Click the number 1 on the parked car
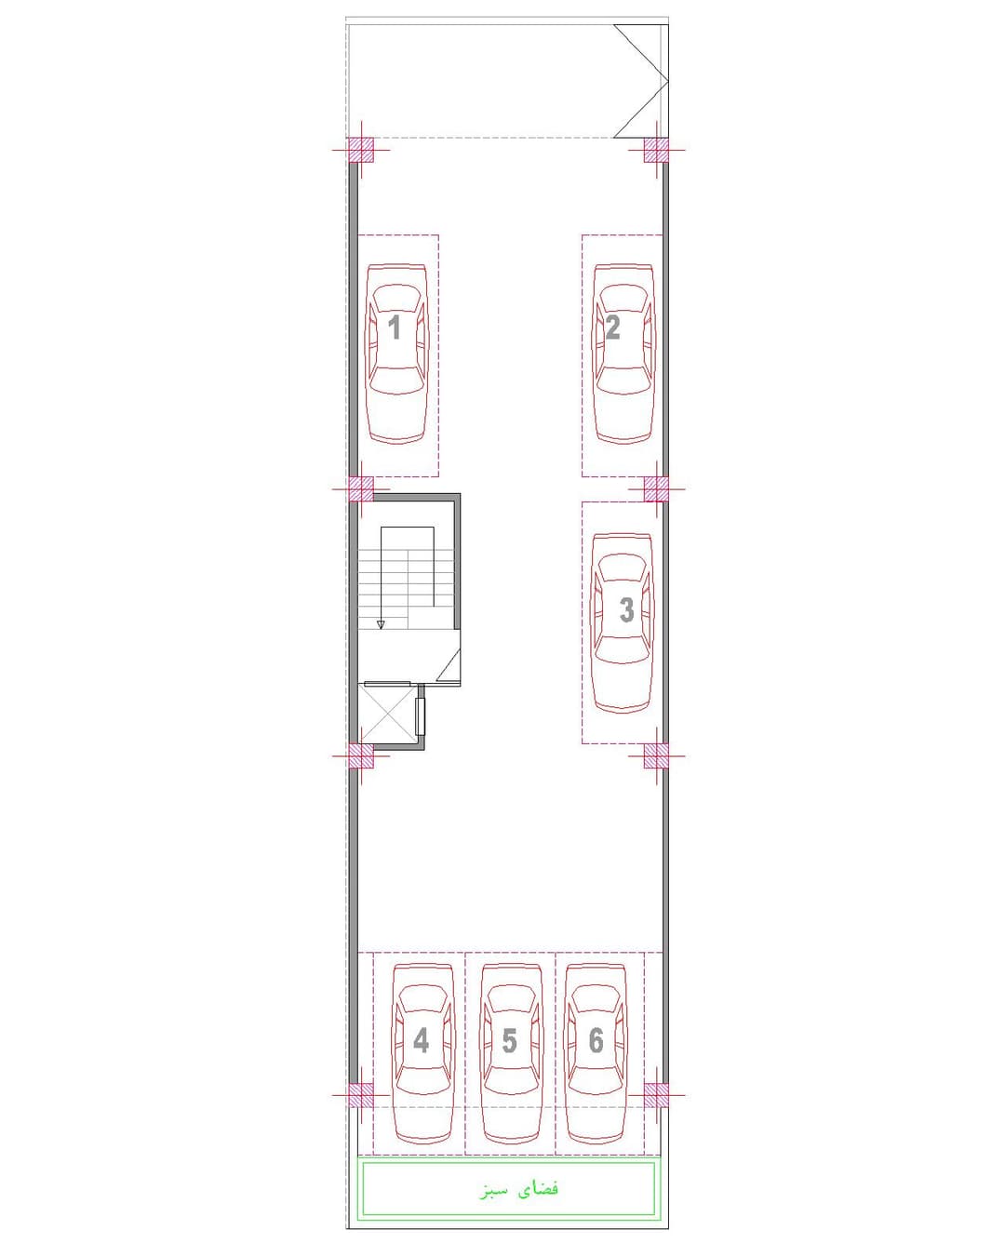pos(395,327)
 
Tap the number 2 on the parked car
pos(612,327)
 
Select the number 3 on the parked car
pos(626,609)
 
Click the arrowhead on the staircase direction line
pos(381,624)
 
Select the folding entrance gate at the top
pos(640,81)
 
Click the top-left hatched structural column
pos(361,150)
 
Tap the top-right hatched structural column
pos(656,150)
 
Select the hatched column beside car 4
pos(361,1095)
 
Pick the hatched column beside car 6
pos(656,1095)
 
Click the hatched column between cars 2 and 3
pos(656,488)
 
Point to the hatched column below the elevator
pos(361,755)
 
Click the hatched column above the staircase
pos(361,488)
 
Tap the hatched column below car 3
pos(656,755)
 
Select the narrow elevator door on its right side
pos(420,715)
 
